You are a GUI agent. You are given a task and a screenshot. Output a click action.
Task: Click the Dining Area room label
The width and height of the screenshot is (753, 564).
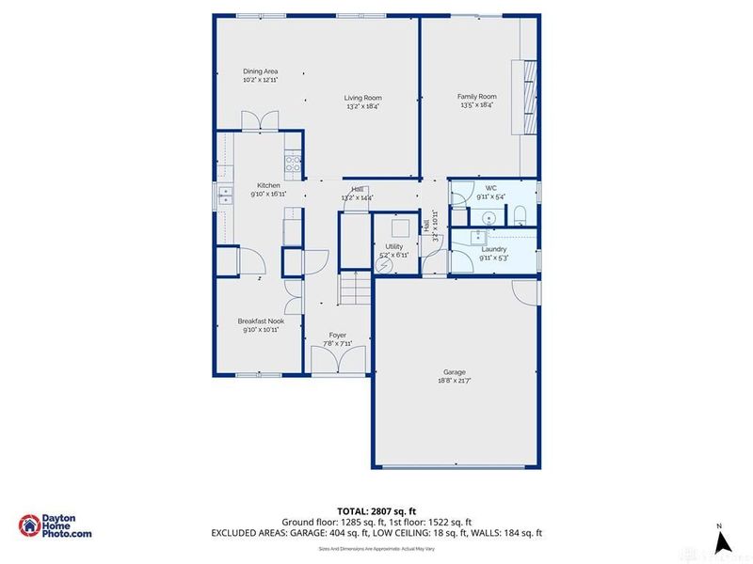(260, 71)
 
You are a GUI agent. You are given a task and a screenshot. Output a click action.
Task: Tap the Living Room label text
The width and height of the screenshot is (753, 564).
(362, 98)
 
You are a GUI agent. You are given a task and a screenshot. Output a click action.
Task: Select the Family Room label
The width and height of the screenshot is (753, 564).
(477, 97)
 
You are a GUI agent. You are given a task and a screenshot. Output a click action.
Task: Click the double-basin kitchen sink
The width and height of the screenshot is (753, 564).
(226, 195)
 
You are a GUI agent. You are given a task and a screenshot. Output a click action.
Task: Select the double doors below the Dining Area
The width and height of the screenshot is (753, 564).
(260, 120)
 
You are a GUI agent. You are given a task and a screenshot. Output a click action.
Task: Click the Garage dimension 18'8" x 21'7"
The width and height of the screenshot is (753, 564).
(455, 381)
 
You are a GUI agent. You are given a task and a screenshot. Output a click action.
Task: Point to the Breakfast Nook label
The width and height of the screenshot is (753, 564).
(261, 321)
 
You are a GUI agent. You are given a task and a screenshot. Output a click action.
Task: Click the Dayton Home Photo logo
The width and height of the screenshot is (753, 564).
(56, 527)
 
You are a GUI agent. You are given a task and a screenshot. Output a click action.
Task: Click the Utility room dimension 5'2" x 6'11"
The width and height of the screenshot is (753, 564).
(393, 255)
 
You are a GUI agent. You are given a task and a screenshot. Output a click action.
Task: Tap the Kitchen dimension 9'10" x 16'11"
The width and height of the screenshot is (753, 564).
(268, 194)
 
